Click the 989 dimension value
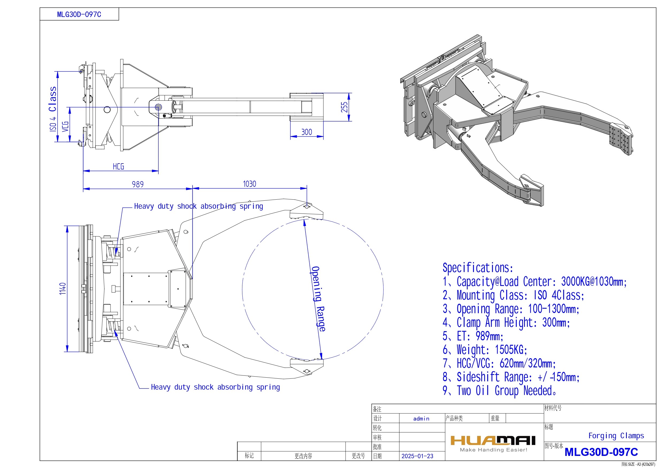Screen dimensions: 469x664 point(138,184)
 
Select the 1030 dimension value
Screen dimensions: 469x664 point(249,184)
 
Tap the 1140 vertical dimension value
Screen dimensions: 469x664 point(63,289)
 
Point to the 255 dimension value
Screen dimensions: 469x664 point(344,107)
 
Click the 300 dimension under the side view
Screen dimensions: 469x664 point(307,132)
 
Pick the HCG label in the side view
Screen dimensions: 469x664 point(118,166)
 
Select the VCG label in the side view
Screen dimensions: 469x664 point(66,126)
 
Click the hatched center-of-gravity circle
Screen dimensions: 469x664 point(158,107)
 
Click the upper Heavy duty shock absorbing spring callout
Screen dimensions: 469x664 point(199,206)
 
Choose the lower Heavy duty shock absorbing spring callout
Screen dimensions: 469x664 point(215,387)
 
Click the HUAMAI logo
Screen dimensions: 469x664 point(493,441)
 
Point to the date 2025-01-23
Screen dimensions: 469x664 point(417,456)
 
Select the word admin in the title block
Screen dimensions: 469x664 point(421,418)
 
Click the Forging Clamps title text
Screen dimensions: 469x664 point(616,436)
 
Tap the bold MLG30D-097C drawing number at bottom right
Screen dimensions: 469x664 point(601,452)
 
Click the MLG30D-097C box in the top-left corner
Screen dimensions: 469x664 point(79,14)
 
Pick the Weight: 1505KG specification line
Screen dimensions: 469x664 point(485,350)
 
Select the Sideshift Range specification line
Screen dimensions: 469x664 point(511,377)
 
